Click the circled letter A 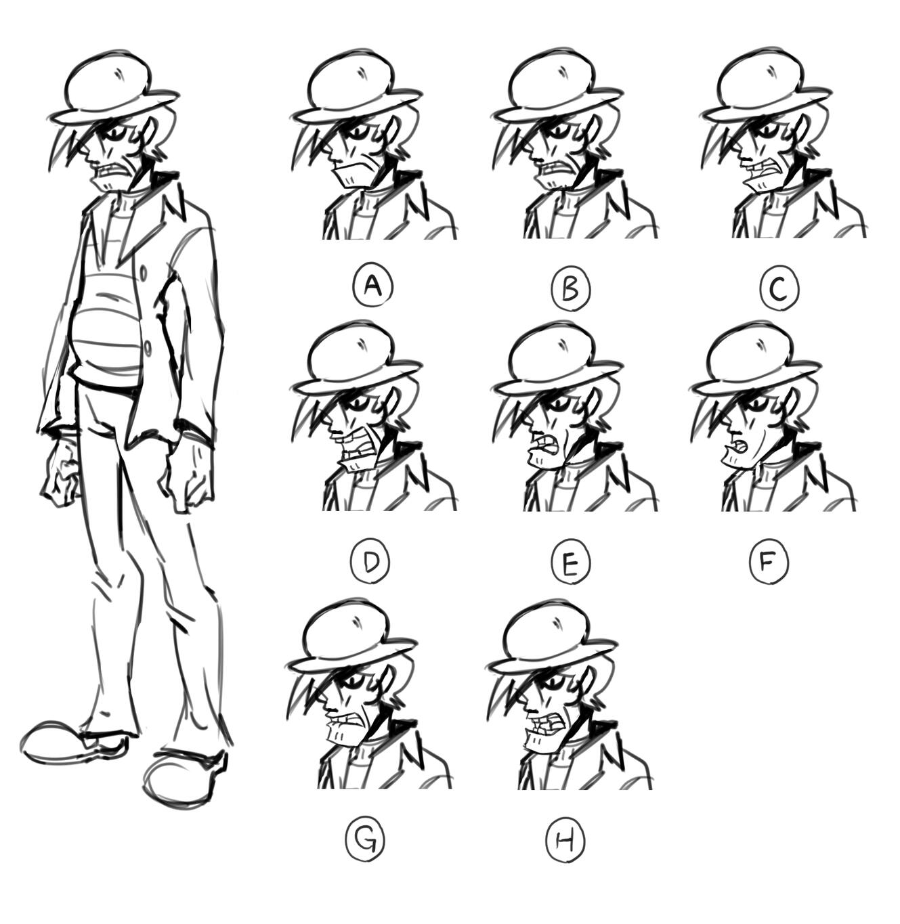pos(373,286)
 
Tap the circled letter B pos(571,288)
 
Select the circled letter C pos(779,288)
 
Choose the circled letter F pos(769,560)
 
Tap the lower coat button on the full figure pos(148,349)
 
